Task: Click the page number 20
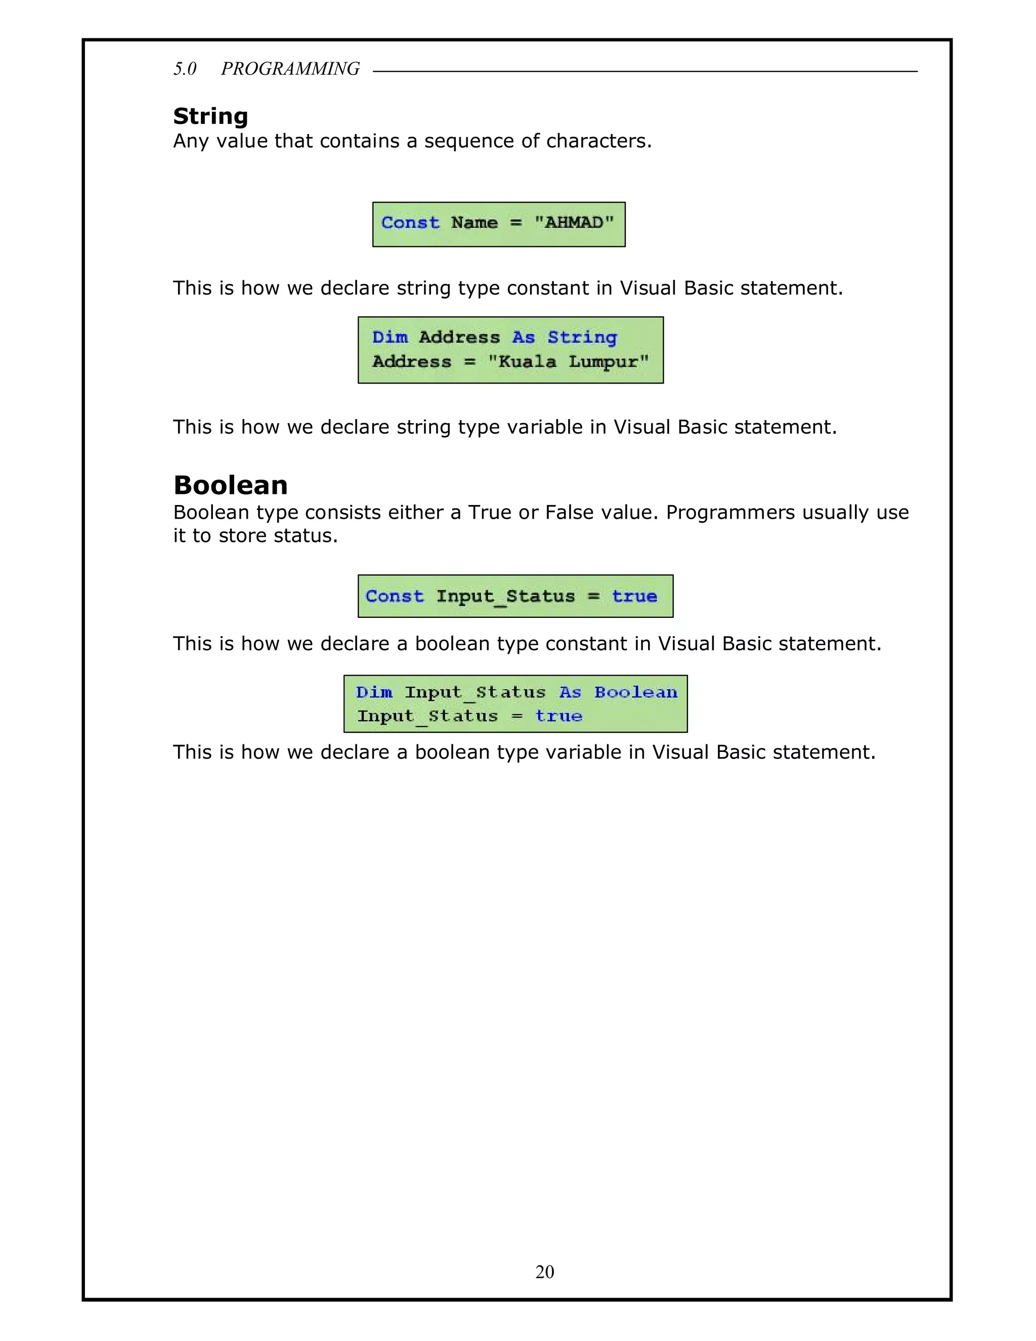coord(544,1272)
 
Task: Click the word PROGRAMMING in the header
coord(290,69)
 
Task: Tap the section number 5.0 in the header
coord(185,69)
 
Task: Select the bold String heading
coord(210,116)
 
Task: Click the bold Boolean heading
coord(231,485)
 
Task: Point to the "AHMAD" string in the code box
coord(574,223)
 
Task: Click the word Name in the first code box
coord(474,223)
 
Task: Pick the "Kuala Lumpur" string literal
coord(568,362)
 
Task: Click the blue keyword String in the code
coord(582,338)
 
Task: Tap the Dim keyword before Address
coord(390,338)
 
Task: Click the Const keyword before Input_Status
coord(395,596)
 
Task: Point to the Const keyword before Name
coord(410,223)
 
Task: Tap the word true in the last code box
coord(558,717)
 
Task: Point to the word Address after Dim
coord(459,338)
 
